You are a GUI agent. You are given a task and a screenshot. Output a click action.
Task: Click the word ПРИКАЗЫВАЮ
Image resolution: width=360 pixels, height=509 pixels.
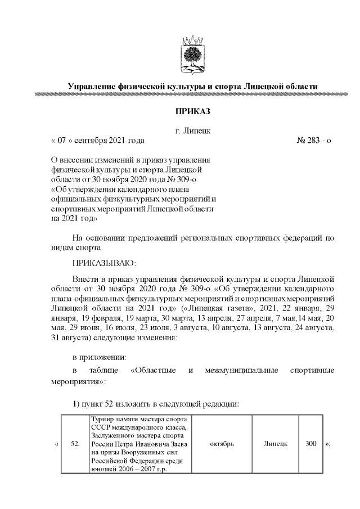[x=104, y=263]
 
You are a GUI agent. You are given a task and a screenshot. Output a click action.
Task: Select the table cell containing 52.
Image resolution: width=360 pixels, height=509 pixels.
[x=75, y=444]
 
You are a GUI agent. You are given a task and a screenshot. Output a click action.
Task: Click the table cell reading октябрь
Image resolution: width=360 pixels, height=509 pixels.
[x=221, y=444]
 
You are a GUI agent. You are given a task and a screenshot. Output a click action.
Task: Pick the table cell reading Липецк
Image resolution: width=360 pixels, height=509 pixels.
[x=276, y=444]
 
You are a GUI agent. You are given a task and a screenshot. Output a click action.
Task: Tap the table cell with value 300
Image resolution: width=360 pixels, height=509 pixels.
[x=310, y=444]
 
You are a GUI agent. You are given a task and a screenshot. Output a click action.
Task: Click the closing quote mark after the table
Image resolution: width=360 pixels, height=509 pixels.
[x=328, y=444]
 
